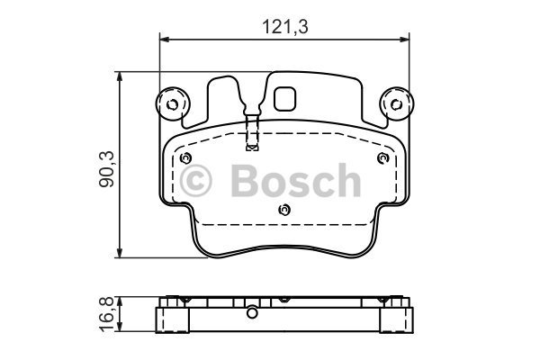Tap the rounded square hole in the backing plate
(x=287, y=97)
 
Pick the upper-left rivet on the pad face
(x=186, y=159)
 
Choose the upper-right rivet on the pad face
(x=382, y=159)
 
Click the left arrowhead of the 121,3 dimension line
(x=164, y=39)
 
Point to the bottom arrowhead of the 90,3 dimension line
(x=122, y=254)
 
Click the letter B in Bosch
(x=244, y=182)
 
